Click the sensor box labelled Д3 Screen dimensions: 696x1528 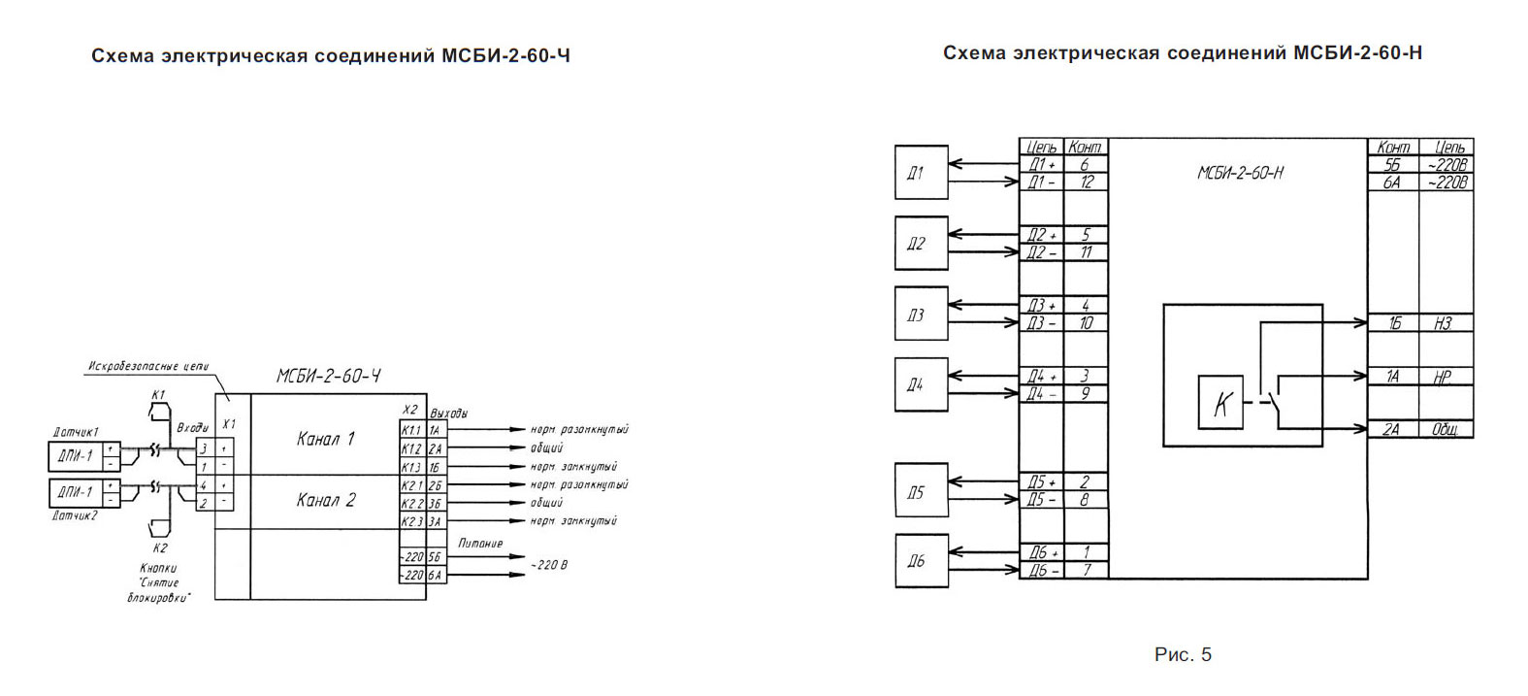[x=920, y=315]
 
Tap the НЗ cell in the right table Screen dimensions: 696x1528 [x=1444, y=323]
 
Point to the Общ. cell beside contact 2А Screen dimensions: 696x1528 [x=1446, y=429]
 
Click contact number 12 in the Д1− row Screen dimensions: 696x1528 [x=1086, y=182]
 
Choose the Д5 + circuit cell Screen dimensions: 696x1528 [x=1041, y=482]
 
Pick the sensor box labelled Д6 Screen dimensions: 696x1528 [x=920, y=561]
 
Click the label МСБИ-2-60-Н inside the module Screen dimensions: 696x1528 [x=1240, y=174]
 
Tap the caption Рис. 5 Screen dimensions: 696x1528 [x=1183, y=655]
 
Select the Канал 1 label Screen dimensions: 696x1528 [x=326, y=439]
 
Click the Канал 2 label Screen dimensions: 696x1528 [x=326, y=501]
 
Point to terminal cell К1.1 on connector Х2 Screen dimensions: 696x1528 [x=411, y=430]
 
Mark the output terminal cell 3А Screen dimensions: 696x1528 [x=436, y=521]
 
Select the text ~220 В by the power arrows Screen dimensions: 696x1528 [x=548, y=564]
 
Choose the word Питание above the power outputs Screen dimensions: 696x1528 [x=480, y=544]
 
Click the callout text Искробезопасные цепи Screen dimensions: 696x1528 [x=147, y=366]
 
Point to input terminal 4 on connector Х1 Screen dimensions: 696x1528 [x=204, y=485]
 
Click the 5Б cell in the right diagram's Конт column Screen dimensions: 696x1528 [x=1392, y=165]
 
